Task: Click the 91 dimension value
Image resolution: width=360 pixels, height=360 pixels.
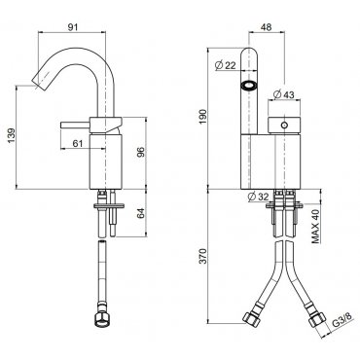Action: tap(73, 27)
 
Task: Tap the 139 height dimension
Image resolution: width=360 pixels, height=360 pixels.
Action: tap(11, 136)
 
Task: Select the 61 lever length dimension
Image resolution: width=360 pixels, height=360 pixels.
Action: tap(78, 143)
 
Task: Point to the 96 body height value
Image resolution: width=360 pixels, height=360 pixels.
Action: tap(140, 153)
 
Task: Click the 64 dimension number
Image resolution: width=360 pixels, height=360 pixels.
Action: tap(140, 213)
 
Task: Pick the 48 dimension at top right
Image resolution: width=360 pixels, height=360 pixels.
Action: tap(266, 27)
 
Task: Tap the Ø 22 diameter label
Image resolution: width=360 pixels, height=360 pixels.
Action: tap(225, 65)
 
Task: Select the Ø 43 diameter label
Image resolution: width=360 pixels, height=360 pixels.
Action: tap(283, 94)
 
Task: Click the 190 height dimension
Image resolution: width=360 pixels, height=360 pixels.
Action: tap(202, 117)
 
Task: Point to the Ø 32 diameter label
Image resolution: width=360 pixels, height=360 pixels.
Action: tap(258, 197)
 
